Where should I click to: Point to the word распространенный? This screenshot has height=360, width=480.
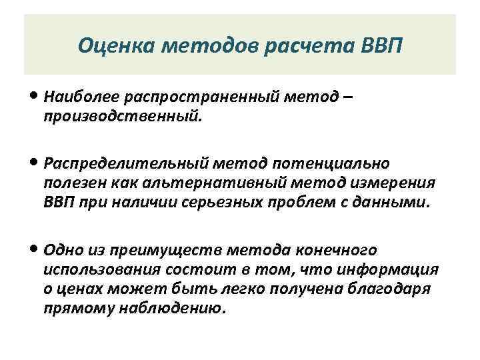coord(185,98)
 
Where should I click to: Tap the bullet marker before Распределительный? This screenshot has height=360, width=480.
coord(34,163)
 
